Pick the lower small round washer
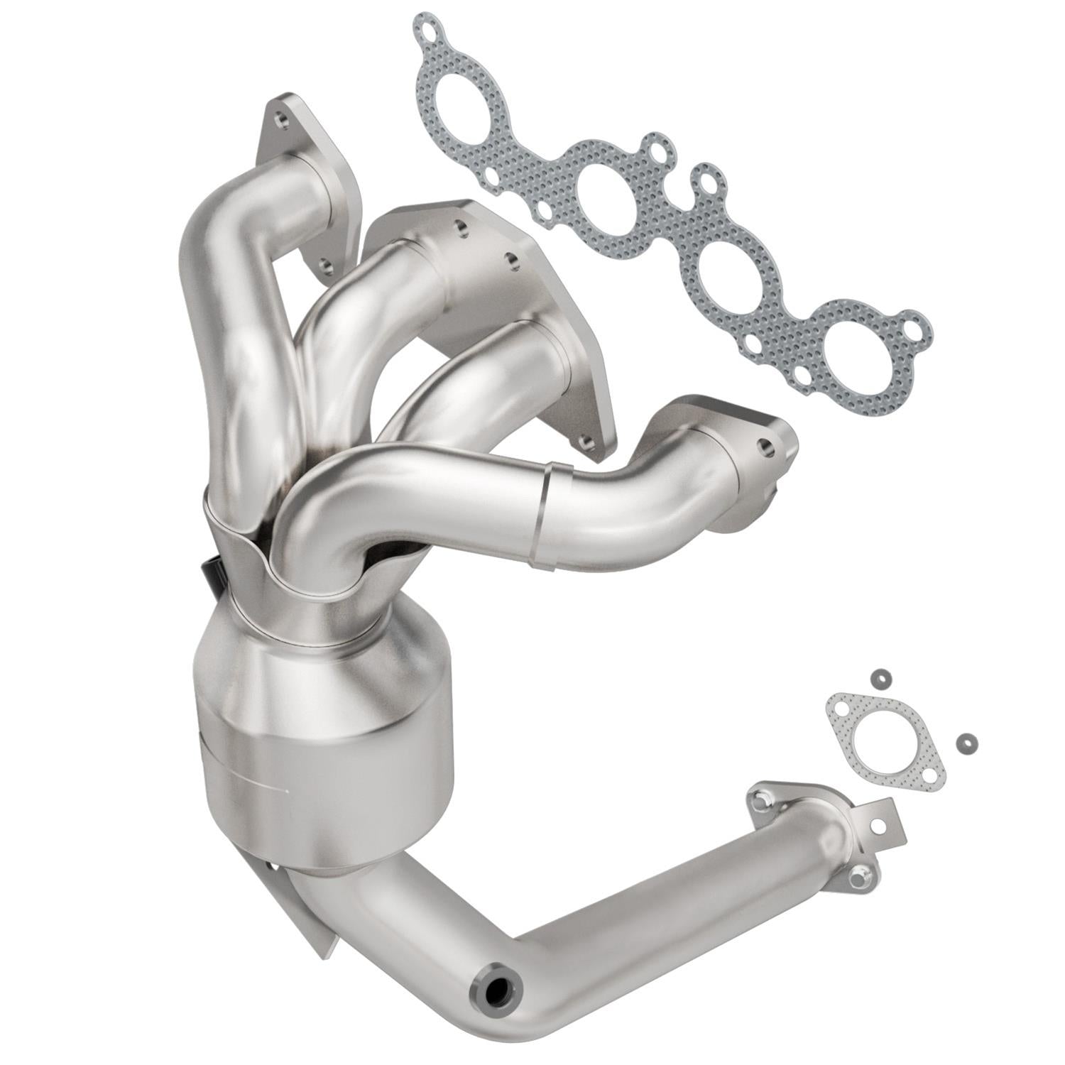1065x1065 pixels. pos(964,742)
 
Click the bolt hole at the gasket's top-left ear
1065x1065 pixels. pos(427,31)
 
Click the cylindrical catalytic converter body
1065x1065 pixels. pos(323,738)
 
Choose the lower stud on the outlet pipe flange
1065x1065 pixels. pos(861,878)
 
